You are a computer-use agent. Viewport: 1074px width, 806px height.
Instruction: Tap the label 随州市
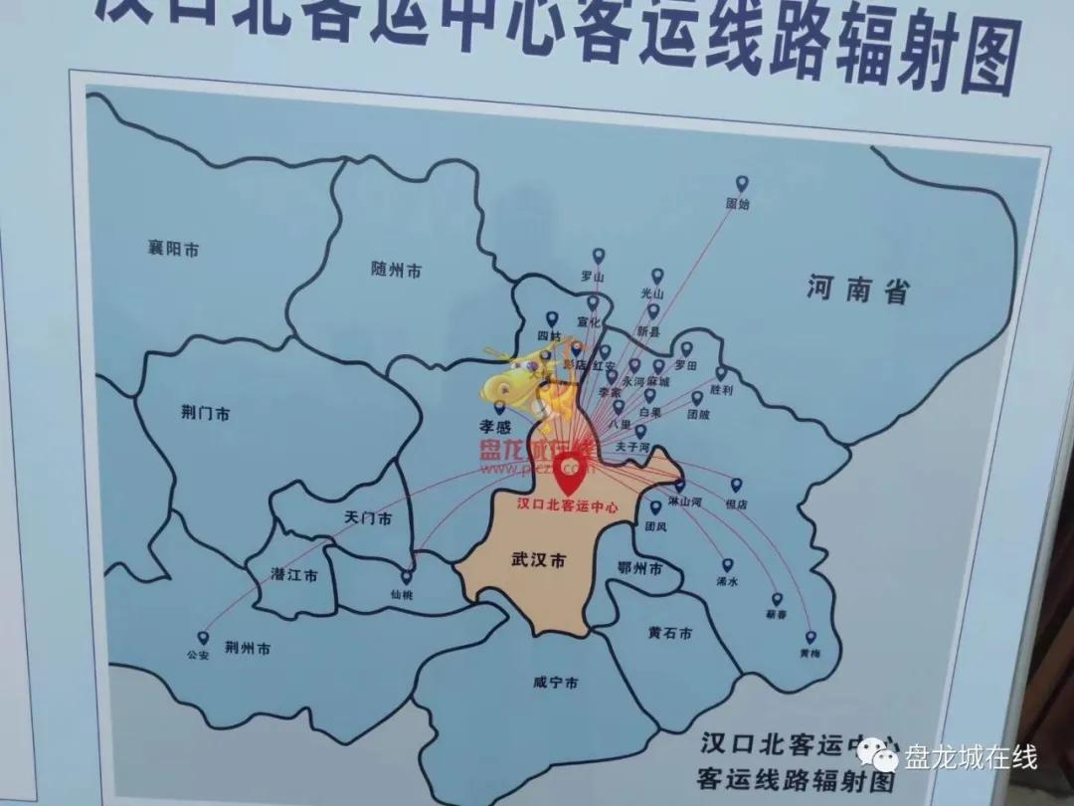point(396,270)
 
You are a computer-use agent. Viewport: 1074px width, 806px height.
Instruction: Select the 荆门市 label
point(206,413)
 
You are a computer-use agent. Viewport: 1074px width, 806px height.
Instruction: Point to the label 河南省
point(858,290)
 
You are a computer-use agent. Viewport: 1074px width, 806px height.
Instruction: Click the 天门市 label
point(368,518)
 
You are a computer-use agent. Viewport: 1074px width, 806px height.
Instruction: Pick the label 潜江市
point(294,575)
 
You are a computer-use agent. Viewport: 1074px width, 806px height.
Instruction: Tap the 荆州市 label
point(247,649)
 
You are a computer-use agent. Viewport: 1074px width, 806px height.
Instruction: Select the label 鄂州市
point(639,569)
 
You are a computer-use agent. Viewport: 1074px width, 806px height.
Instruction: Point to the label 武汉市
point(538,561)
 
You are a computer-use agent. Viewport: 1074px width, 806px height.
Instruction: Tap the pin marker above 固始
point(741,184)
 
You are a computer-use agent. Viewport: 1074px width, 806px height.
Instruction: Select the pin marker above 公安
point(203,638)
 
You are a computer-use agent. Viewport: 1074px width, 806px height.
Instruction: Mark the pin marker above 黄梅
point(810,637)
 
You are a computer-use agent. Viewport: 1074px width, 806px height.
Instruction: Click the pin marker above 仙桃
point(406,576)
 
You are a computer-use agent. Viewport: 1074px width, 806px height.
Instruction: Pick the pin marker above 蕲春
point(777,600)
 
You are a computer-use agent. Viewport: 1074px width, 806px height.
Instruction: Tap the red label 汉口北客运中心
point(568,505)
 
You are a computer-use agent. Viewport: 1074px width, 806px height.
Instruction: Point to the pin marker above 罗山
point(598,256)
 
